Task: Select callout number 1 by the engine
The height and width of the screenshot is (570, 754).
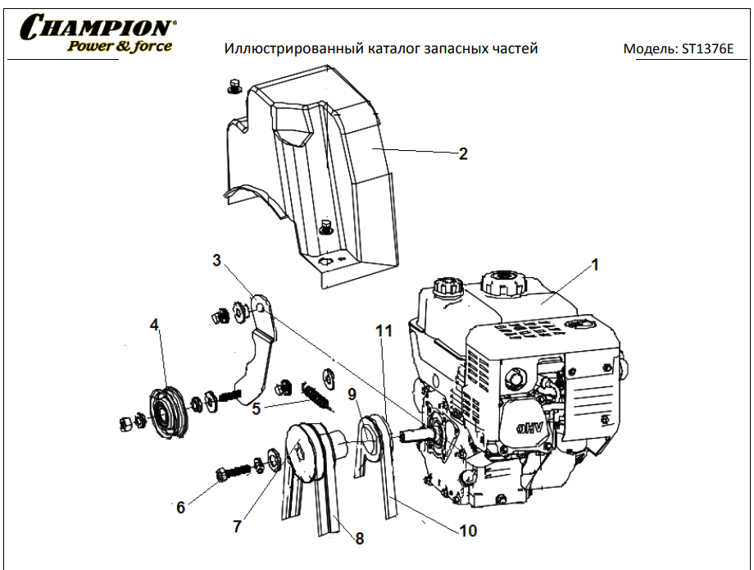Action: click(x=596, y=265)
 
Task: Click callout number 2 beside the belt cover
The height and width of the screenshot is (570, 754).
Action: click(x=463, y=153)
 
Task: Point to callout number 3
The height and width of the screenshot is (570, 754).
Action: click(x=216, y=261)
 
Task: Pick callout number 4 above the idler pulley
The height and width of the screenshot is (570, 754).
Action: click(x=154, y=326)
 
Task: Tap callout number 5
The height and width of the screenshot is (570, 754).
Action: click(x=257, y=408)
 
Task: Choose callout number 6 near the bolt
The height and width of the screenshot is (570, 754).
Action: click(x=180, y=507)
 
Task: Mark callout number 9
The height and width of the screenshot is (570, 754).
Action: click(x=352, y=394)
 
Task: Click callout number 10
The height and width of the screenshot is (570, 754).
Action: click(x=467, y=531)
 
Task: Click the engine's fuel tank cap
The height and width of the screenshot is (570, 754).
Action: click(x=500, y=281)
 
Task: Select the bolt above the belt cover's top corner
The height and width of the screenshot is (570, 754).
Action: click(x=232, y=85)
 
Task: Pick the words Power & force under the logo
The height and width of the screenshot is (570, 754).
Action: click(x=120, y=46)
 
